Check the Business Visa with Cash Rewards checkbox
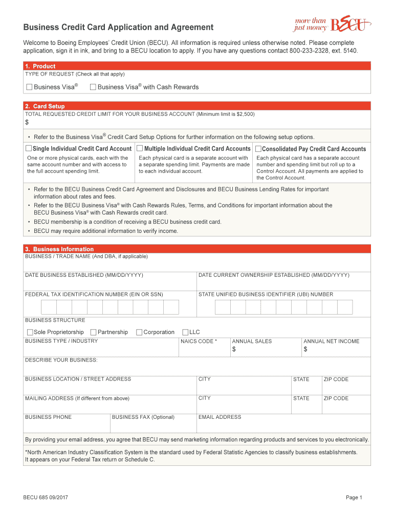tap(93, 87)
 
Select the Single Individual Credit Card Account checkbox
tap(29, 149)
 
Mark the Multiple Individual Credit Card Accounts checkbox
tap(140, 149)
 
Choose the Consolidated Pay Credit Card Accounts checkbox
tap(258, 149)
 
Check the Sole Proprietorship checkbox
tap(30, 332)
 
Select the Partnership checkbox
tap(93, 332)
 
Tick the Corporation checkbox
tap(139, 332)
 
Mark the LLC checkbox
tap(185, 332)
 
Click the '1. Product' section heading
tap(40, 66)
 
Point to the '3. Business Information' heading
tap(59, 249)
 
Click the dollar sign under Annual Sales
tap(234, 350)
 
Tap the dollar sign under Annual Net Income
tap(305, 350)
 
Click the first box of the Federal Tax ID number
tap(49, 307)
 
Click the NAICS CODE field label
tap(199, 341)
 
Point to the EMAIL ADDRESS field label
tap(220, 417)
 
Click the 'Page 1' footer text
tap(354, 498)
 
